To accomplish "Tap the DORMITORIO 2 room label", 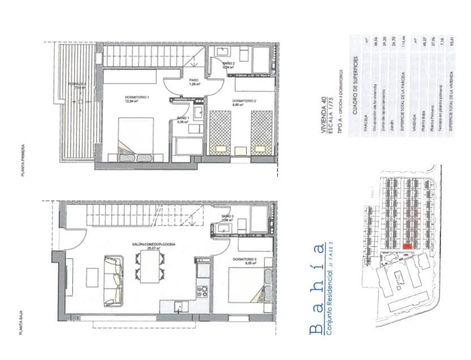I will (x=245, y=102).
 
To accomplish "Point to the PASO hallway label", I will (x=192, y=80).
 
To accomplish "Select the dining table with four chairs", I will (x=150, y=267).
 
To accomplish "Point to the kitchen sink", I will (x=180, y=306).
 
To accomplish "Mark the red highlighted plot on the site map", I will (x=408, y=246).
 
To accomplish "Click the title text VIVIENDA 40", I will (x=325, y=114).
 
